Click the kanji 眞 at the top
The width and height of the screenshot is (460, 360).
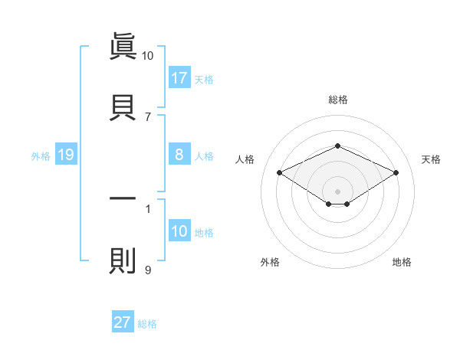(123, 47)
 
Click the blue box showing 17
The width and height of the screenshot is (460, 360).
(179, 77)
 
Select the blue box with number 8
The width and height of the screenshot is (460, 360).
(179, 155)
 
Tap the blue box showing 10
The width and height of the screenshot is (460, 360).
(179, 231)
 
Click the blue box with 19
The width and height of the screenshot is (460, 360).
(66, 155)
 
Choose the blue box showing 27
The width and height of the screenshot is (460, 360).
(123, 322)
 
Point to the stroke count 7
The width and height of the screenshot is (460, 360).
(148, 117)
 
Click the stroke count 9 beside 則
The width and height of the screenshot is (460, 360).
(148, 270)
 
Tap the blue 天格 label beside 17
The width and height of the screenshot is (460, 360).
(204, 79)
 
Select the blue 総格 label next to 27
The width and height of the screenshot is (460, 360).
(147, 324)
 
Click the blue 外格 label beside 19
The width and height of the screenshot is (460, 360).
(41, 155)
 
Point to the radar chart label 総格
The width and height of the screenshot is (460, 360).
(337, 100)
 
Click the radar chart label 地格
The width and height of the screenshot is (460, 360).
(402, 263)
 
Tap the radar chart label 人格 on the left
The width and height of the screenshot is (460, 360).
(245, 159)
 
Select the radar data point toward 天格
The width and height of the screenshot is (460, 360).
(396, 173)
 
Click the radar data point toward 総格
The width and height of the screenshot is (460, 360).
(337, 146)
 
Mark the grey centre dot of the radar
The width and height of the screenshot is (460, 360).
(337, 191)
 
